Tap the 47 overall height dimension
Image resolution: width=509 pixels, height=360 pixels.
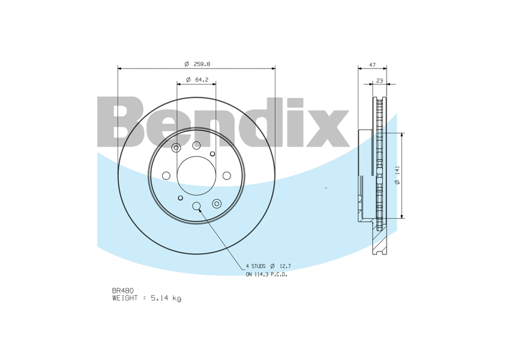pos(372,64)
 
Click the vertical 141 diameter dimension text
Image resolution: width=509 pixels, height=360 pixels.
pos(397,175)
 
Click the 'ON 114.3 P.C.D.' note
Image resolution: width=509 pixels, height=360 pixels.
pos(266,274)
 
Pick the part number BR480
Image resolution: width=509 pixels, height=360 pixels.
pos(122,290)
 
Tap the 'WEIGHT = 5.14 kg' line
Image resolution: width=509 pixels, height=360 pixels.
pos(146,298)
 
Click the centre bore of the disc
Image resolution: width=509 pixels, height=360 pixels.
pos(196,175)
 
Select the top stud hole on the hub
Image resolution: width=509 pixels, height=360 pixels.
pos(196,145)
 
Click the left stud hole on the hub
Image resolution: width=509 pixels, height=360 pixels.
pos(166,175)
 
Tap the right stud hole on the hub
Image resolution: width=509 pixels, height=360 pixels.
pos(226,175)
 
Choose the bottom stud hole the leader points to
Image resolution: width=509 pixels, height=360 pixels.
pos(196,206)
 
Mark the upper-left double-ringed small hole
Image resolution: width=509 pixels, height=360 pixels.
pos(176,148)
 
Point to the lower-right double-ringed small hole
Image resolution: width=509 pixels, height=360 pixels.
pos(217,203)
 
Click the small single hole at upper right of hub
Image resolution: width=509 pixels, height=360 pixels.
pos(212,154)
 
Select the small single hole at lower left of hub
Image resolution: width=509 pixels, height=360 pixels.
pos(180,197)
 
